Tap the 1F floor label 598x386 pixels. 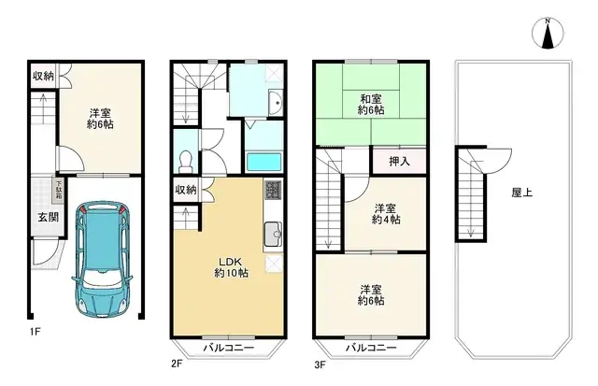tap(33, 330)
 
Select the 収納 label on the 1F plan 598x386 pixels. tap(43, 76)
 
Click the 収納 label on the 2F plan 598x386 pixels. tap(185, 190)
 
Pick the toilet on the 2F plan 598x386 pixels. tap(185, 160)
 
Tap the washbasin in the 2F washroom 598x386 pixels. tap(275, 102)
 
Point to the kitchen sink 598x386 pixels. tap(272, 235)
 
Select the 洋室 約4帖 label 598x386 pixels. tap(385, 213)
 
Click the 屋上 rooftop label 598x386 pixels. tap(522, 193)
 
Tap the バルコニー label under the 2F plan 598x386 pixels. tap(226, 348)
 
